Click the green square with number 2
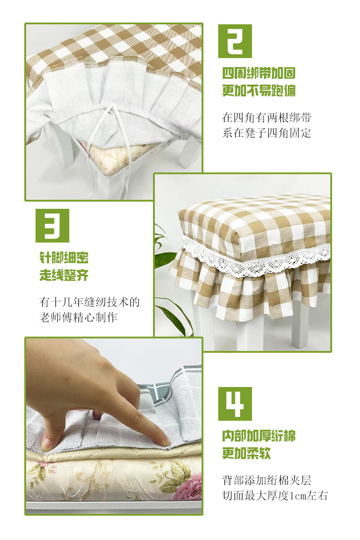pos(235,41)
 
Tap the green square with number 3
pos(52,225)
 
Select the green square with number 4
pos(235,404)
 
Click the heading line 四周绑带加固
pos(259,73)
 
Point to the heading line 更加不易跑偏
pos(259,90)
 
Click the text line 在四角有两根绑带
pos(266,118)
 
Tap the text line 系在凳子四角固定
pos(266,133)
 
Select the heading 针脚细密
pos(64,257)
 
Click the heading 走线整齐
pos(64,275)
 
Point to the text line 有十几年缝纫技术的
pos(90,302)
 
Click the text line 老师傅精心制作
pos(78,318)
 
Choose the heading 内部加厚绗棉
pos(259,436)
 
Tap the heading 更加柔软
pos(247,454)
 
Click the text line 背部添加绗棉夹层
pos(266,480)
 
